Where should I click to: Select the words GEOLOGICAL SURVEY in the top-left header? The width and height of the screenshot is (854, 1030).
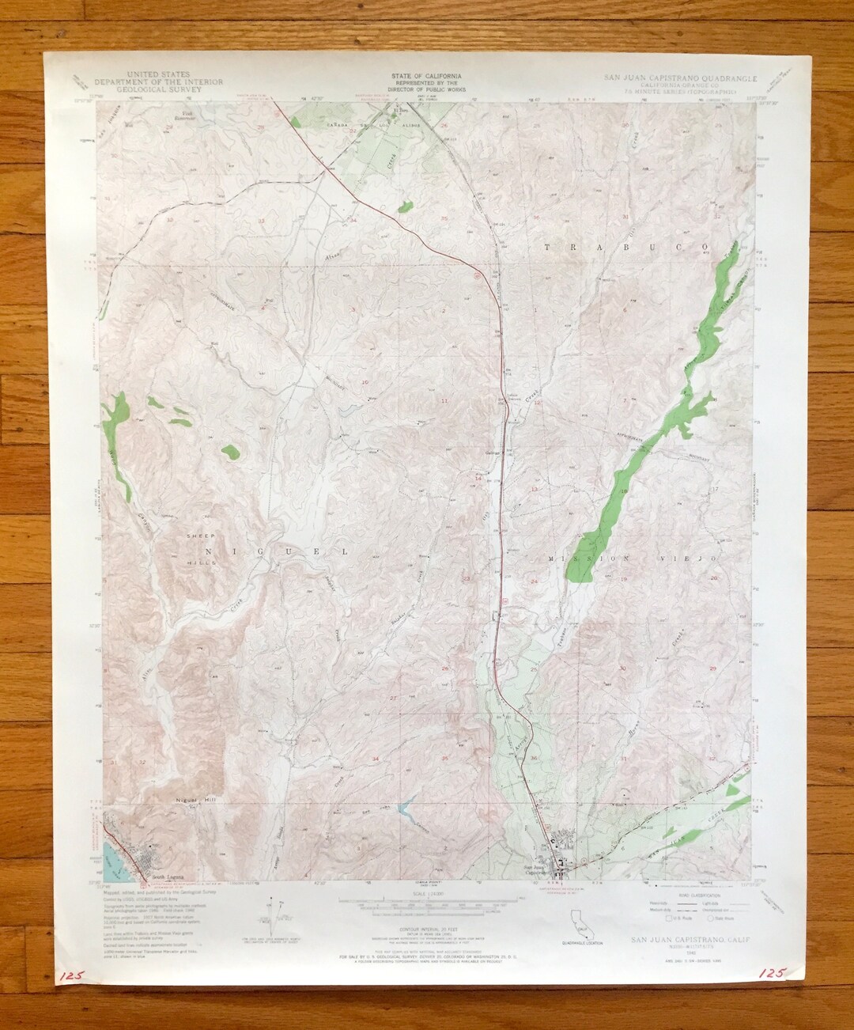(x=159, y=89)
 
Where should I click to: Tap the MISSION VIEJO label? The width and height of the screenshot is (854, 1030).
(x=633, y=559)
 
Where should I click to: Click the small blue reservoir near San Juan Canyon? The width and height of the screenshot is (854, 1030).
(x=405, y=809)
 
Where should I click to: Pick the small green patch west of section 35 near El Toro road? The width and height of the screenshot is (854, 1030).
(x=404, y=207)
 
